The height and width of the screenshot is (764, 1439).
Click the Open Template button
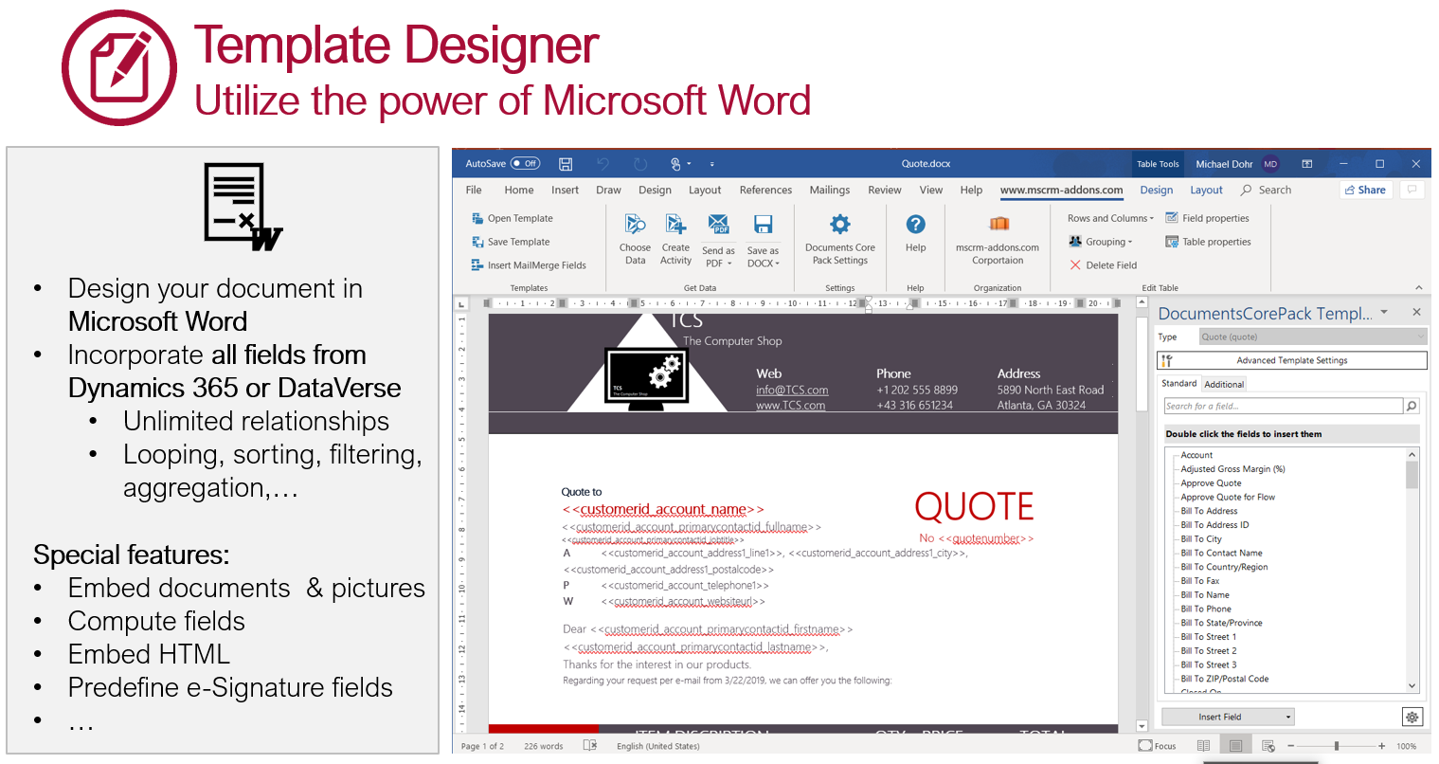tap(513, 218)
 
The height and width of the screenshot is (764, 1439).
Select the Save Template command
tap(511, 242)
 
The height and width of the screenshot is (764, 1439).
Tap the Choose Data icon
tap(635, 226)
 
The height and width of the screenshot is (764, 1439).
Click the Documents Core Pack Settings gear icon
tap(839, 225)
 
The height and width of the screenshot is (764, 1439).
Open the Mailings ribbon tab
tap(829, 190)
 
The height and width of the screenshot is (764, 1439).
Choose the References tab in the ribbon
tap(765, 190)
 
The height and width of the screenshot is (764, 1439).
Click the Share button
tap(1364, 190)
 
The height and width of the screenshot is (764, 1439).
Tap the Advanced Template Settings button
tap(1291, 360)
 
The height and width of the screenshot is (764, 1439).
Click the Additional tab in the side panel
tap(1224, 384)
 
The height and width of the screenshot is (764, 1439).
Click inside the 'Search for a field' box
tap(1283, 406)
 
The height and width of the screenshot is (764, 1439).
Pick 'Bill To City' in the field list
tap(1201, 538)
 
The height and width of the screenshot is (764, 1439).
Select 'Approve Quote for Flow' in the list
tap(1228, 497)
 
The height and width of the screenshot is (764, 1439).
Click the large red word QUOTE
tap(974, 507)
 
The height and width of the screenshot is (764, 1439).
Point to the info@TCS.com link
tap(792, 390)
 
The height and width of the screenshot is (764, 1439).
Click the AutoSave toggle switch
tap(525, 163)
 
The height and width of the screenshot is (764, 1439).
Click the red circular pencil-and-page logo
tap(119, 67)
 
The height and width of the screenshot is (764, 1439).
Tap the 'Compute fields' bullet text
tap(156, 621)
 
